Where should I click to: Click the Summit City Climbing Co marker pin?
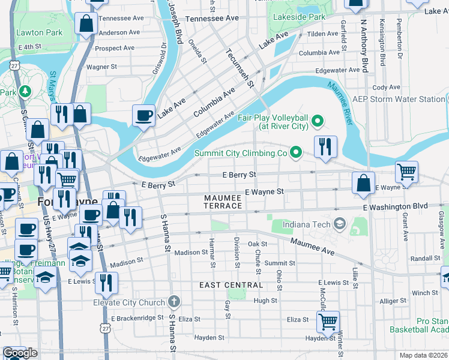295,154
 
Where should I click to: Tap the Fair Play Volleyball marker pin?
318,124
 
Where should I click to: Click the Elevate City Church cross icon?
174,302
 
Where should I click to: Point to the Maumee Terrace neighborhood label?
223,202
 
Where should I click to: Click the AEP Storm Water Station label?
399,99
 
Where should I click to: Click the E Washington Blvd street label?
395,206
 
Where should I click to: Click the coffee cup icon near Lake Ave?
144,115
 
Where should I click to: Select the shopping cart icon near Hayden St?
328,322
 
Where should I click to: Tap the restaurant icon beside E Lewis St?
106,284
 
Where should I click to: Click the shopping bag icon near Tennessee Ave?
87,23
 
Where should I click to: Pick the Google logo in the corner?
20,353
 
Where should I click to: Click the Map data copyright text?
423,355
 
